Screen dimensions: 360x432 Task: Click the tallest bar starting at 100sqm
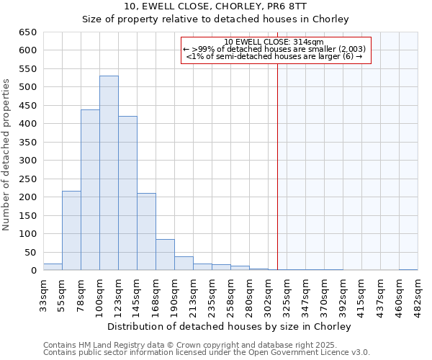click(x=109, y=173)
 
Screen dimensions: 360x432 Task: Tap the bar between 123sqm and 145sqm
click(x=127, y=193)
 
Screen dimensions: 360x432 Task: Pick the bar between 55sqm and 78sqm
click(x=71, y=230)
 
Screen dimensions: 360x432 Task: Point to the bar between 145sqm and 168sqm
click(x=146, y=232)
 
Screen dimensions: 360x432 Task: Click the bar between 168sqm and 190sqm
click(x=165, y=255)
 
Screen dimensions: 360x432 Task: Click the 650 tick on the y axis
click(x=28, y=32)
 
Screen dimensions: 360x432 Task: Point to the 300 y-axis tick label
click(x=28, y=161)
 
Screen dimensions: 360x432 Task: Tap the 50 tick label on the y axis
click(x=31, y=253)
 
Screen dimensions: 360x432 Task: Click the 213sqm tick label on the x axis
click(x=194, y=297)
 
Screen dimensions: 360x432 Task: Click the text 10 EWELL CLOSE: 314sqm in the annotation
click(x=274, y=42)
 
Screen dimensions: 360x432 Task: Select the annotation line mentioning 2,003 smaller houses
click(x=274, y=49)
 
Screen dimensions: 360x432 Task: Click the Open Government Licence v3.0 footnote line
click(x=207, y=353)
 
